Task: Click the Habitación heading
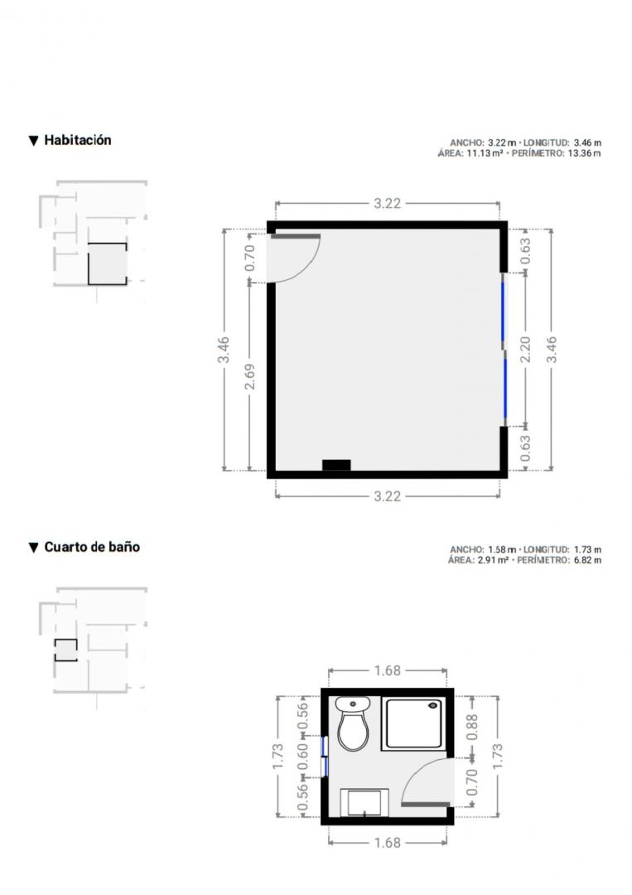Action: pyautogui.click(x=78, y=140)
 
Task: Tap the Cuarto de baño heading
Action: pyautogui.click(x=92, y=547)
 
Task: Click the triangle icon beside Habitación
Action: pyautogui.click(x=34, y=140)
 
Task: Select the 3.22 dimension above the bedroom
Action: pyautogui.click(x=388, y=203)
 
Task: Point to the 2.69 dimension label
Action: pyautogui.click(x=250, y=377)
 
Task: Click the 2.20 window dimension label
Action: pyautogui.click(x=525, y=350)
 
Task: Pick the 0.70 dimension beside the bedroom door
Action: pyautogui.click(x=249, y=258)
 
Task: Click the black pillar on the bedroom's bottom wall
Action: pyautogui.click(x=336, y=465)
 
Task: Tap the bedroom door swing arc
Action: pyautogui.click(x=308, y=267)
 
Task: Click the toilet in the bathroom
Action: pyautogui.click(x=353, y=723)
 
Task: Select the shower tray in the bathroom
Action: pyautogui.click(x=413, y=723)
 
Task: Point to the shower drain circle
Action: pyautogui.click(x=433, y=705)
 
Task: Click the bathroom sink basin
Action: pyautogui.click(x=364, y=802)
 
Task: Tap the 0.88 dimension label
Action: pyautogui.click(x=472, y=728)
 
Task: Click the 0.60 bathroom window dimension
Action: pyautogui.click(x=303, y=756)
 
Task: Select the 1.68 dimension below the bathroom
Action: pyautogui.click(x=388, y=843)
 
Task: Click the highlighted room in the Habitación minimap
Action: pyautogui.click(x=107, y=264)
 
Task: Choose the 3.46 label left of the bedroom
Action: pyautogui.click(x=223, y=350)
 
